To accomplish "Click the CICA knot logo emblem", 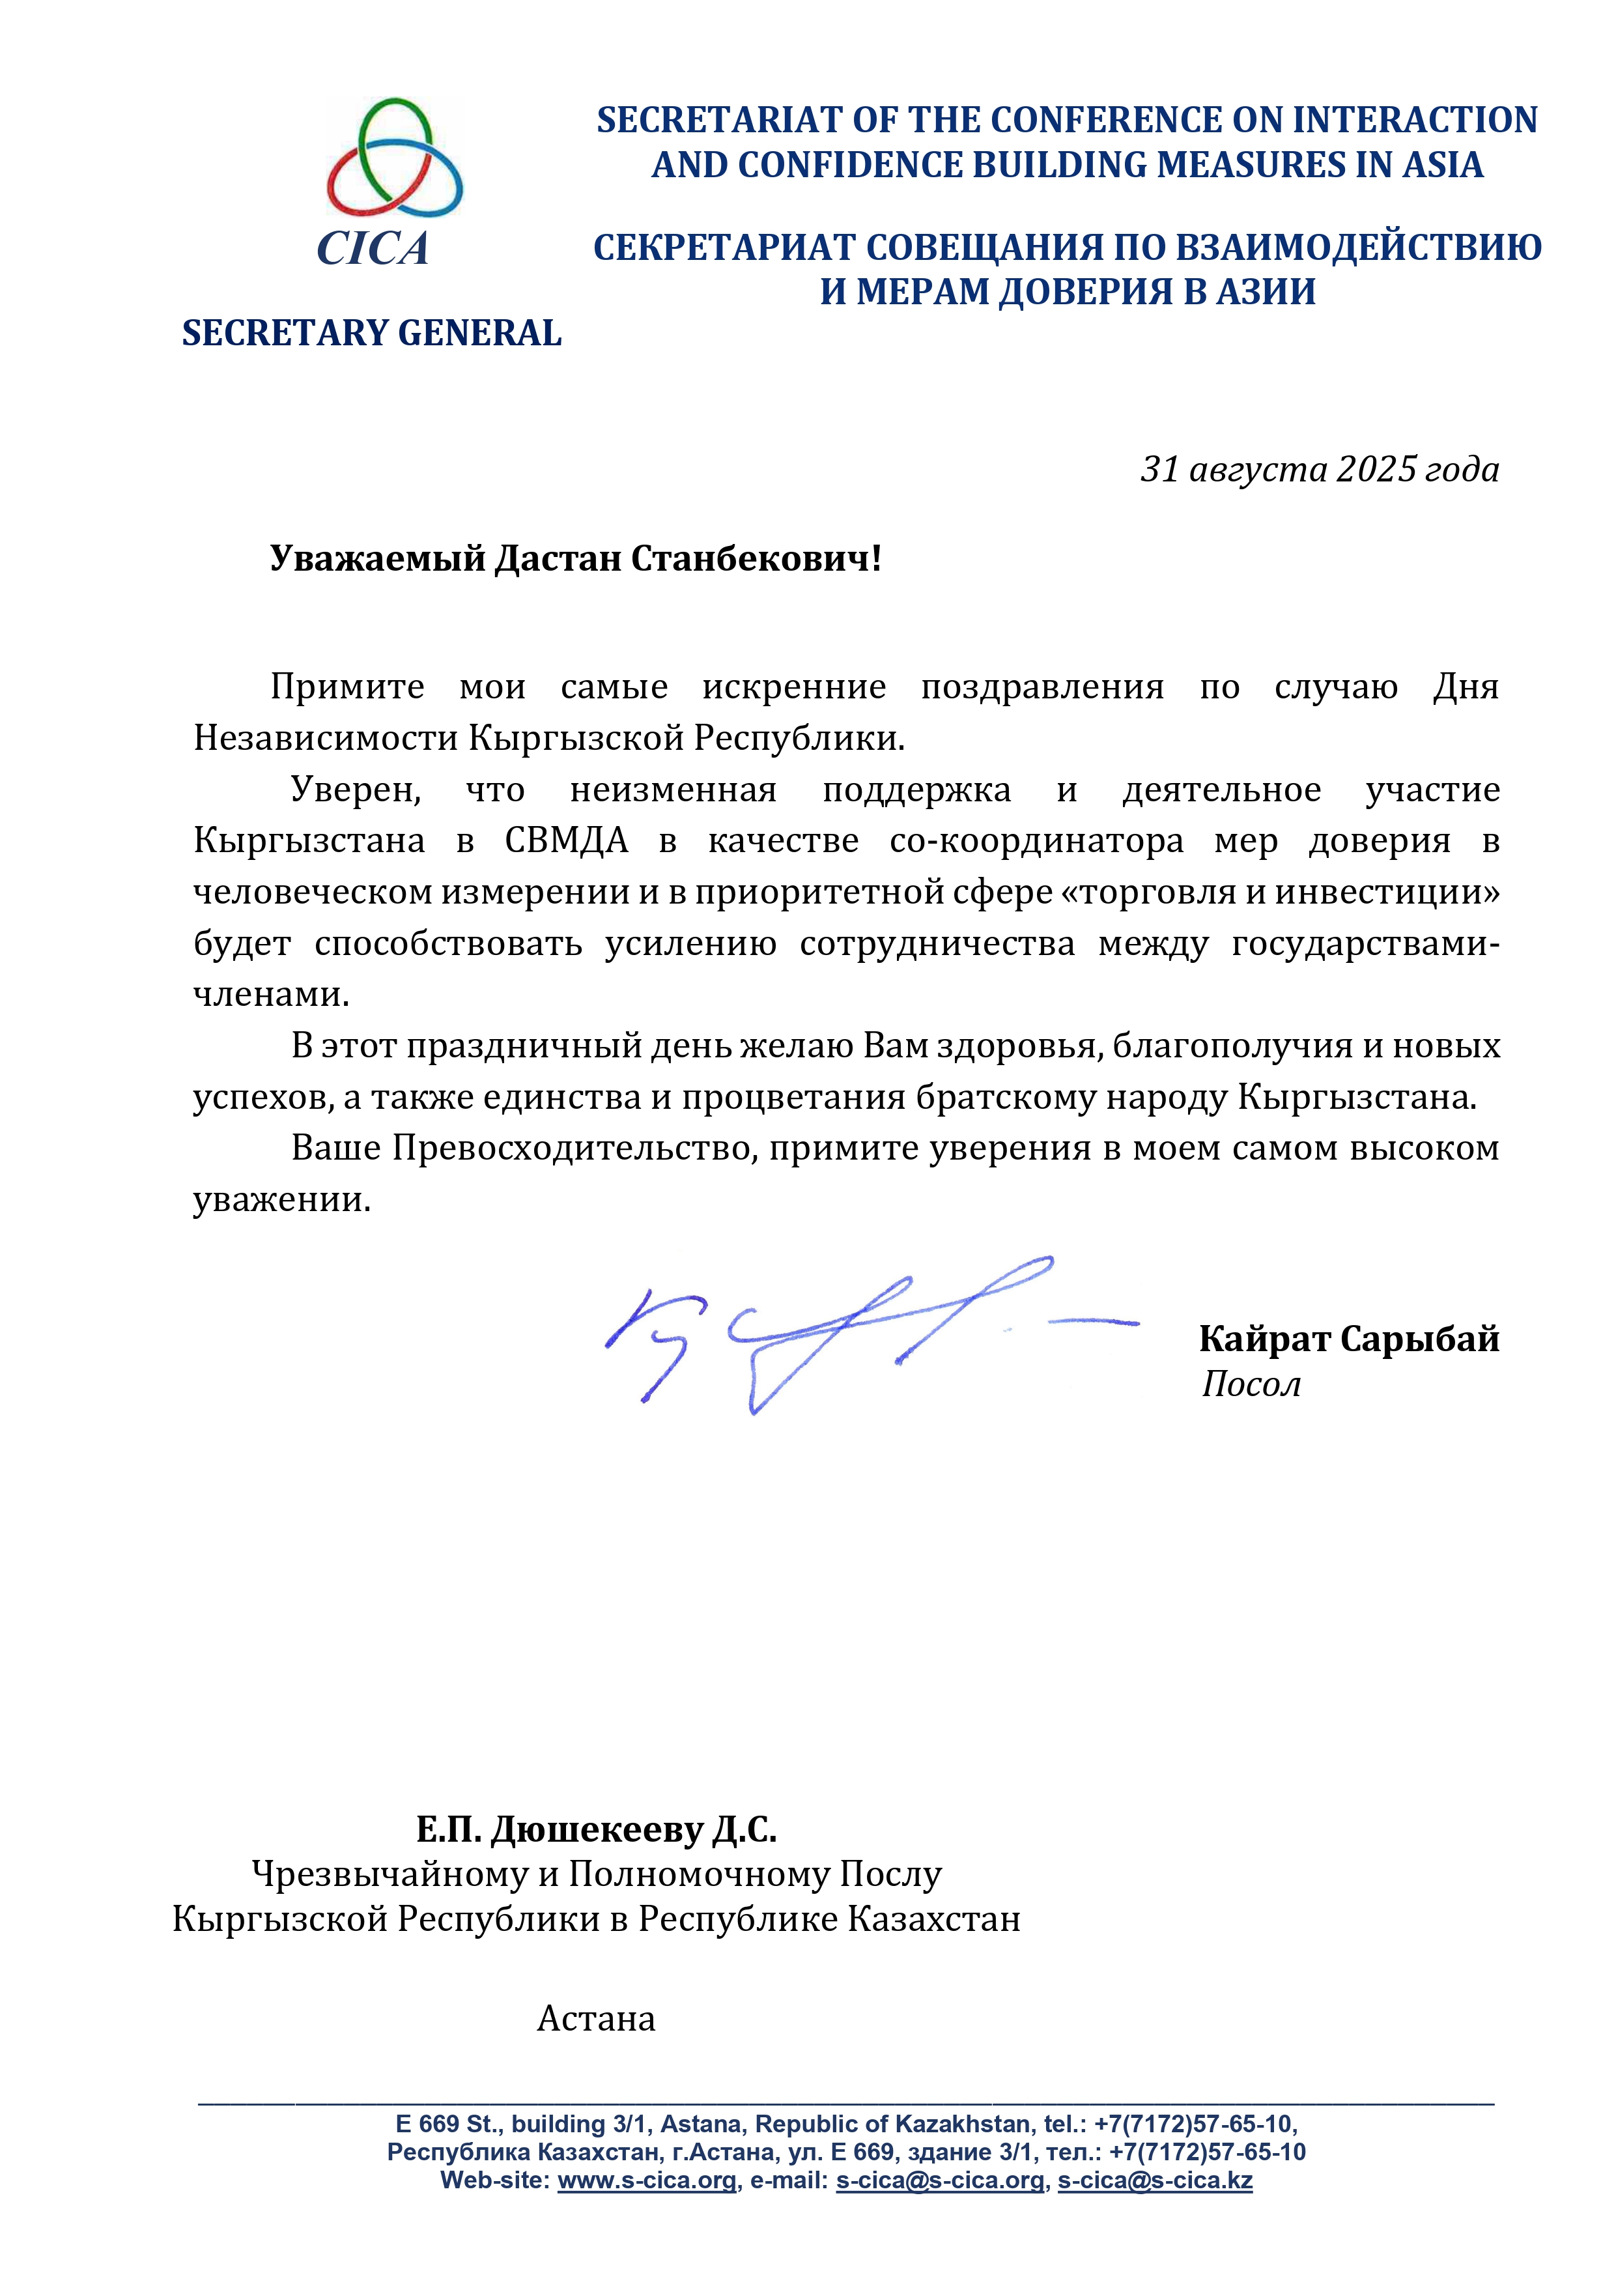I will point(394,157).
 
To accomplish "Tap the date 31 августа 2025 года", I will point(1319,469).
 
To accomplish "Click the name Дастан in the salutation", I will point(559,560).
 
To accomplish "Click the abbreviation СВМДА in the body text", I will point(567,841).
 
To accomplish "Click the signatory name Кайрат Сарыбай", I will point(1348,1339).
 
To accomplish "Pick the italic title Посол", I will point(1251,1385).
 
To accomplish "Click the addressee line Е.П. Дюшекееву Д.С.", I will point(595,1829).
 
